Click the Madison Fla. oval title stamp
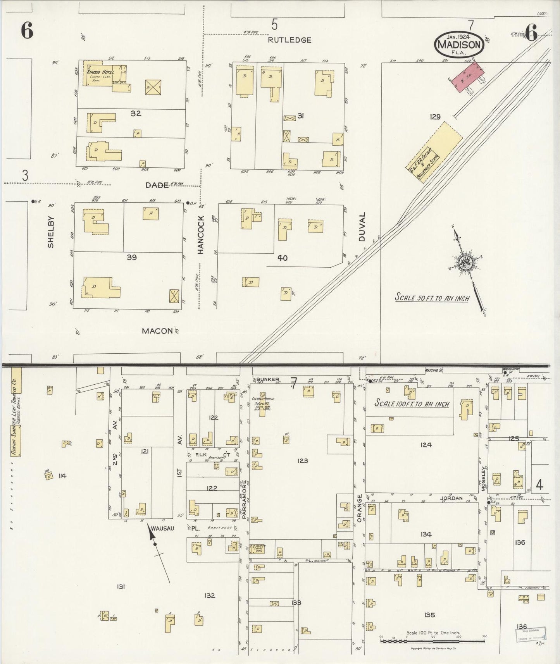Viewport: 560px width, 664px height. [459, 43]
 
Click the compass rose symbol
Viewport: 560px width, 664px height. [465, 263]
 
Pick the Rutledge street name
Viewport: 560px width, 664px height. [289, 40]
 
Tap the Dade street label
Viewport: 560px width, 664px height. [157, 185]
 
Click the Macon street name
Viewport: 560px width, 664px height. [157, 331]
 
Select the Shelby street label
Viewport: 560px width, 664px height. [51, 232]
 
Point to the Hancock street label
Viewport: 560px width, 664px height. [201, 240]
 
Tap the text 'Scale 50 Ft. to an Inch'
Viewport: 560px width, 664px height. [432, 298]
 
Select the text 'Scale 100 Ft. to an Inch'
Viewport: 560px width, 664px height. [412, 403]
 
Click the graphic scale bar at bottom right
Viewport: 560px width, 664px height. [432, 642]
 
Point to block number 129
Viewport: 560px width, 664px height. [435, 116]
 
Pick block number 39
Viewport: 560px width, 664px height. [131, 257]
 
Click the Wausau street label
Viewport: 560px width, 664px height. [162, 528]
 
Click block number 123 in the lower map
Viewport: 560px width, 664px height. [302, 461]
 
